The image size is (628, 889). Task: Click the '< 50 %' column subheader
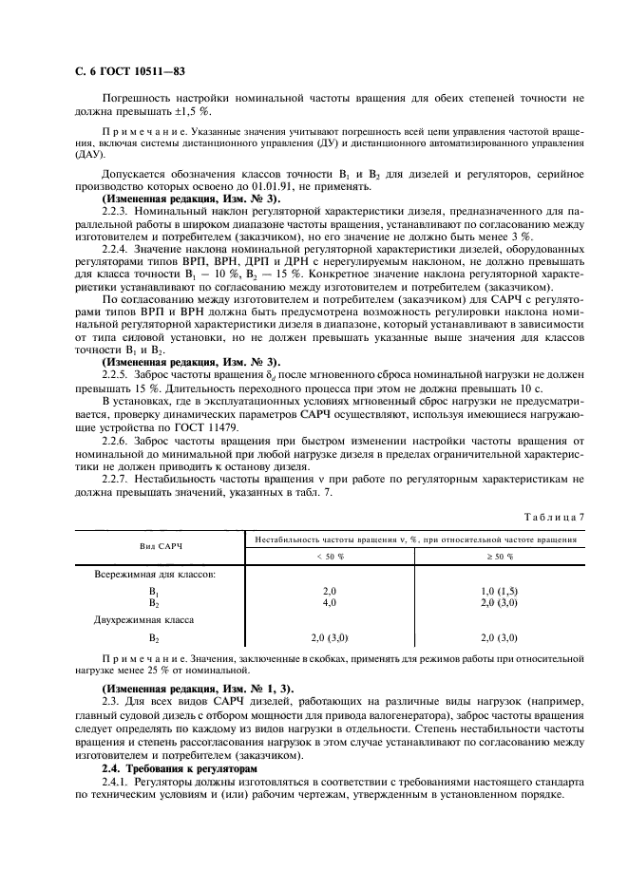pyautogui.click(x=330, y=555)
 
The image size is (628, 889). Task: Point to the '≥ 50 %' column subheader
pyautogui.click(x=499, y=555)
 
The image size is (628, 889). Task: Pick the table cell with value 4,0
pyautogui.click(x=330, y=601)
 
